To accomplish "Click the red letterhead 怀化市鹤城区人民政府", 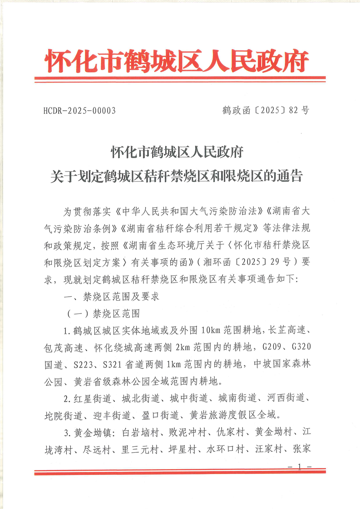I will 178,61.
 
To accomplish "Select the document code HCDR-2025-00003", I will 80,111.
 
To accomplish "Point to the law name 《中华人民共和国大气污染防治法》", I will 190,212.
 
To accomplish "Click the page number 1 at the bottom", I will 300,466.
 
